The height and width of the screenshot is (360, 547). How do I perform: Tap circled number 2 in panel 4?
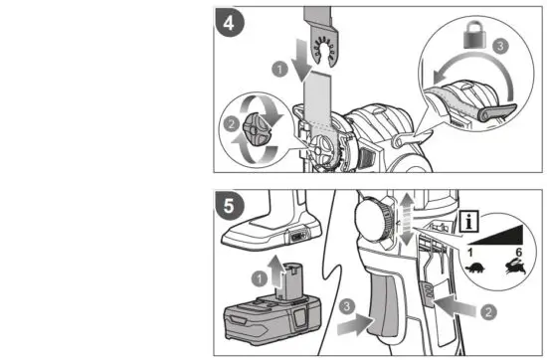coord(232,127)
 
